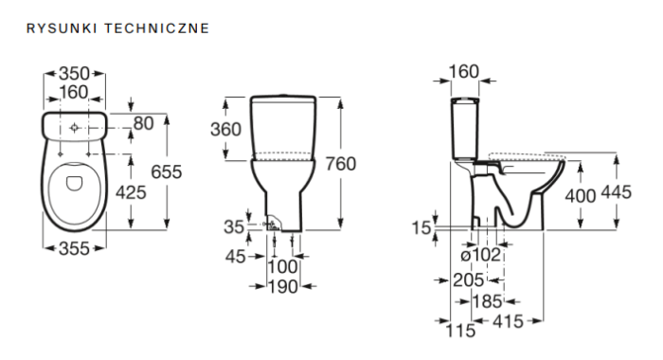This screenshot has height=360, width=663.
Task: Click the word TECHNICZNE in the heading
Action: [157, 28]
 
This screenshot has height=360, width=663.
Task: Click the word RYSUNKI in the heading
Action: [62, 28]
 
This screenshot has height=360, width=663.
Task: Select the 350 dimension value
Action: [75, 74]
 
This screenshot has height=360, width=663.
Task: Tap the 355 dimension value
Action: [75, 248]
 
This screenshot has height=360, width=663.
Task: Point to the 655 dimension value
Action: [166, 171]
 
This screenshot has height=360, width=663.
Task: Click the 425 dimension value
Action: [131, 192]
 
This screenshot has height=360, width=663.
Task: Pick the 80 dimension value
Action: [143, 123]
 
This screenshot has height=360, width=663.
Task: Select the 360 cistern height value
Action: [225, 130]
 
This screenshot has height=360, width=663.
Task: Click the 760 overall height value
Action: [340, 164]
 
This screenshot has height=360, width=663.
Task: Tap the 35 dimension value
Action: [234, 227]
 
